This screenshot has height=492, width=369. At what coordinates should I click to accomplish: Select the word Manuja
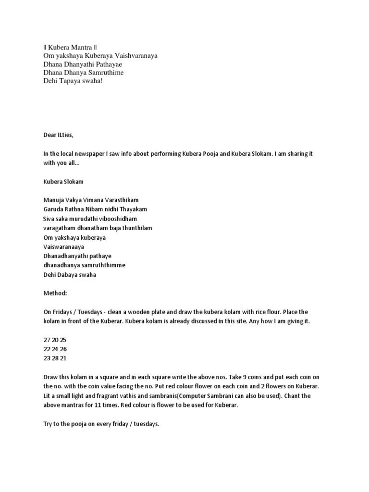tap(53, 199)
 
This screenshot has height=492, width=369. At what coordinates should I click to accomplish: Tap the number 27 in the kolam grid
tap(47, 339)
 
